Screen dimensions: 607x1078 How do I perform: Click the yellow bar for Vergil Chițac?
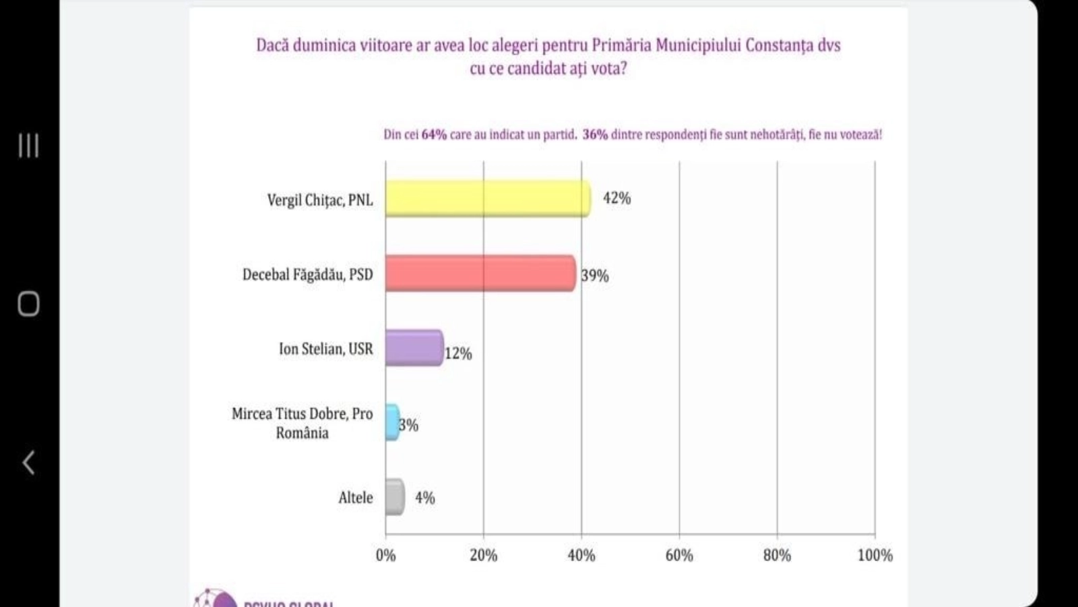click(x=488, y=199)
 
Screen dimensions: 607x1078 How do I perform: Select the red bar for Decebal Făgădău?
click(x=480, y=273)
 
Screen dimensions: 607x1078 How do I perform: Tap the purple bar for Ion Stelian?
click(x=414, y=348)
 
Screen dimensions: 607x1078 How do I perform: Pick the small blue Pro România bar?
click(x=391, y=422)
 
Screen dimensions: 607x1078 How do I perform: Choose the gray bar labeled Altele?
click(x=395, y=497)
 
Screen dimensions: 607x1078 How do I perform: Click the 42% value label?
click(x=616, y=198)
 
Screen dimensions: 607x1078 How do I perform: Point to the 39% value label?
click(x=595, y=275)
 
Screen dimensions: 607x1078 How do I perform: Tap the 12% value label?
click(x=458, y=353)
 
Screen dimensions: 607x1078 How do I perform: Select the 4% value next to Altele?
click(x=424, y=498)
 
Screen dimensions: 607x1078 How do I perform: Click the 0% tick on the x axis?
click(x=385, y=555)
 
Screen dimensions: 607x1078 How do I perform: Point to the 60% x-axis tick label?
click(x=679, y=555)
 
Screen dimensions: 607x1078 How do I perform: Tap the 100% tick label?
click(x=875, y=555)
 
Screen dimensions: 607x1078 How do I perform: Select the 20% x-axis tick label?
click(x=483, y=555)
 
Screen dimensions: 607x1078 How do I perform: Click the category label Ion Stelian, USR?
click(x=325, y=349)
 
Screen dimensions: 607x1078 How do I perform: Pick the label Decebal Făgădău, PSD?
click(x=307, y=274)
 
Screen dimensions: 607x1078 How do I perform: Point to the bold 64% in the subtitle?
click(x=434, y=134)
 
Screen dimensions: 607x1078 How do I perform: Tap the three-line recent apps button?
click(x=28, y=146)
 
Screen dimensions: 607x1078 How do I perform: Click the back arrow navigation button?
click(x=28, y=463)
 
